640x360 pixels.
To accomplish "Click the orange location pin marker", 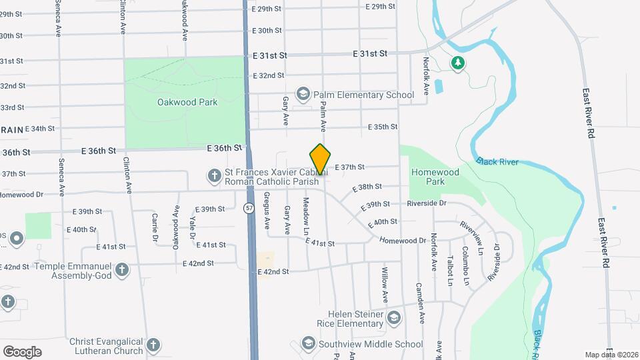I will pos(321,159).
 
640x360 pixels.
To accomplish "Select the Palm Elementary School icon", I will pos(303,95).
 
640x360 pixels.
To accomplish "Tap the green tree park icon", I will pos(457,63).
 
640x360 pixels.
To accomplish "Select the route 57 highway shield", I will pos(249,207).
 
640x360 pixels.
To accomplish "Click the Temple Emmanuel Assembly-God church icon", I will pos(121,270).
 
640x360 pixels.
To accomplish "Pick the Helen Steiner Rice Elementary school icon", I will pos(394,319).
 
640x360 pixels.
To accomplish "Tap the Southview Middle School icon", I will pos(308,344).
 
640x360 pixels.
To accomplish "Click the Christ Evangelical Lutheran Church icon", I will pos(153,345).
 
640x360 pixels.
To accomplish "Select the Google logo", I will pos(22,352).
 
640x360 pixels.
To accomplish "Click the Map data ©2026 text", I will pos(611,355).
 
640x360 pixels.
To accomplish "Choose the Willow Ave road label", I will pos(385,281).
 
